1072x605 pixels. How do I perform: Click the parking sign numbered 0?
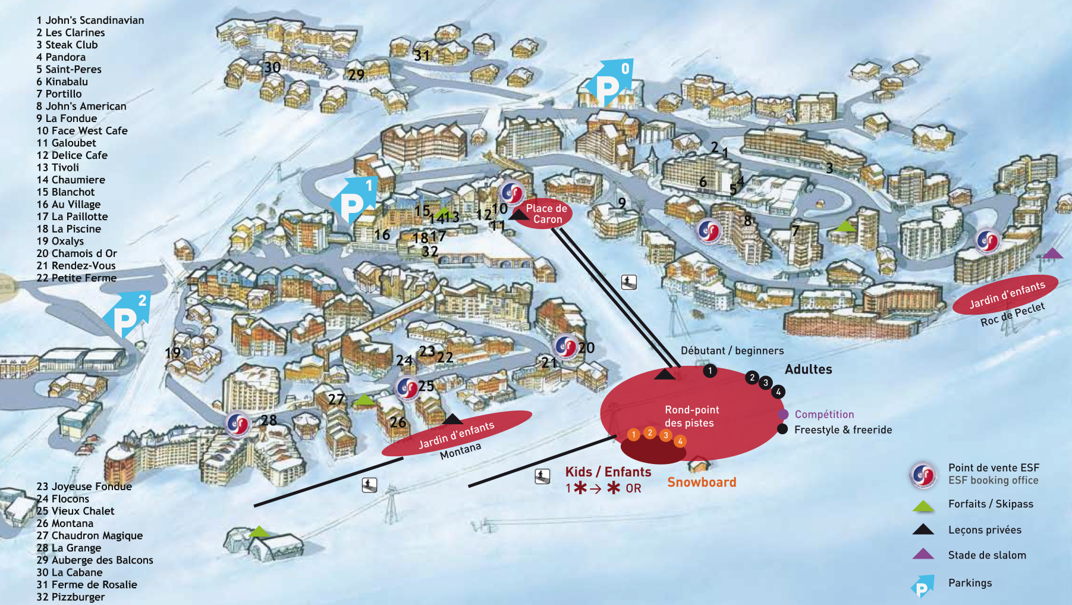pyautogui.click(x=609, y=83)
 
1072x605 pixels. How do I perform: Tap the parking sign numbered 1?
pyautogui.click(x=354, y=200)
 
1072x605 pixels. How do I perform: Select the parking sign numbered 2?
pyautogui.click(x=127, y=315)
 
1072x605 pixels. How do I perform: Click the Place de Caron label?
pyautogui.click(x=547, y=214)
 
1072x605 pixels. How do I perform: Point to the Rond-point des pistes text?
pyautogui.click(x=692, y=416)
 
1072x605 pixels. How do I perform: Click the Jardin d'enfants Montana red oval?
pyautogui.click(x=457, y=433)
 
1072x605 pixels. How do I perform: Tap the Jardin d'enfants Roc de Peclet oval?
pyautogui.click(x=1005, y=294)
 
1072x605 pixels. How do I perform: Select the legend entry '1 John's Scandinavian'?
pyautogui.click(x=90, y=20)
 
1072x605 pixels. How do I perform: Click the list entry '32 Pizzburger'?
pyautogui.click(x=70, y=597)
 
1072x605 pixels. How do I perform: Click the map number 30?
pyautogui.click(x=272, y=67)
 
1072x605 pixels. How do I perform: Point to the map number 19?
pyautogui.click(x=172, y=353)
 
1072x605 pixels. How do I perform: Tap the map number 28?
pyautogui.click(x=269, y=420)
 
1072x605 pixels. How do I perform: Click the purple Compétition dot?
pyautogui.click(x=783, y=414)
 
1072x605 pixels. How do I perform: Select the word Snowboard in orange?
pyautogui.click(x=702, y=482)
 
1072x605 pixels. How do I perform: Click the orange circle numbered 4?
pyautogui.click(x=680, y=441)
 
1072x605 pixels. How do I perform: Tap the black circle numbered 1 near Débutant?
pyautogui.click(x=710, y=371)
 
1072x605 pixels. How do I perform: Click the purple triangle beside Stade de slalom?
pyautogui.click(x=923, y=554)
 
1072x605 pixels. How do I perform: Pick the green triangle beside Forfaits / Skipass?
pyautogui.click(x=923, y=506)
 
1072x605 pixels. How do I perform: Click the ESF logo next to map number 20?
pyautogui.click(x=565, y=347)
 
